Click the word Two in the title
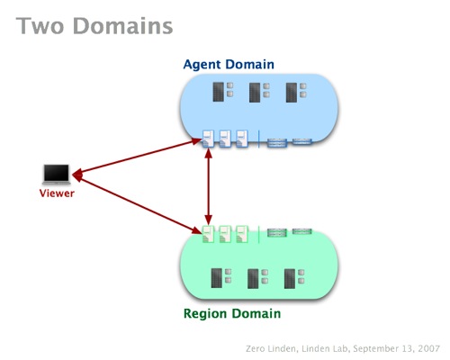pyautogui.click(x=40, y=26)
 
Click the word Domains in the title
pyautogui.click(x=123, y=26)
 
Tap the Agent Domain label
pyautogui.click(x=229, y=64)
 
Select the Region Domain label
pyautogui.click(x=232, y=314)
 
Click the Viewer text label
pyautogui.click(x=57, y=193)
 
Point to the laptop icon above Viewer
pyautogui.click(x=57, y=175)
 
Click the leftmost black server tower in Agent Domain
pyautogui.click(x=219, y=92)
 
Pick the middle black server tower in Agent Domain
pyautogui.click(x=255, y=93)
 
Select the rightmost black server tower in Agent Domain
pyautogui.click(x=292, y=93)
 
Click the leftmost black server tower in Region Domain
pyautogui.click(x=217, y=278)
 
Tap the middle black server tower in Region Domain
pyautogui.click(x=253, y=279)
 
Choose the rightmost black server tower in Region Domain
pyautogui.click(x=290, y=279)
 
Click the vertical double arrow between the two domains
pyautogui.click(x=209, y=186)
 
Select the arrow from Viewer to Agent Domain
pyautogui.click(x=137, y=157)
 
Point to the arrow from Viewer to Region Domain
pyautogui.click(x=137, y=203)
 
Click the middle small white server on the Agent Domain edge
pyautogui.click(x=225, y=139)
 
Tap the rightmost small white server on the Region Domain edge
pyautogui.click(x=242, y=234)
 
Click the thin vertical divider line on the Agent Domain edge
pyautogui.click(x=258, y=139)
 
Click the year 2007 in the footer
pyautogui.click(x=428, y=348)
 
